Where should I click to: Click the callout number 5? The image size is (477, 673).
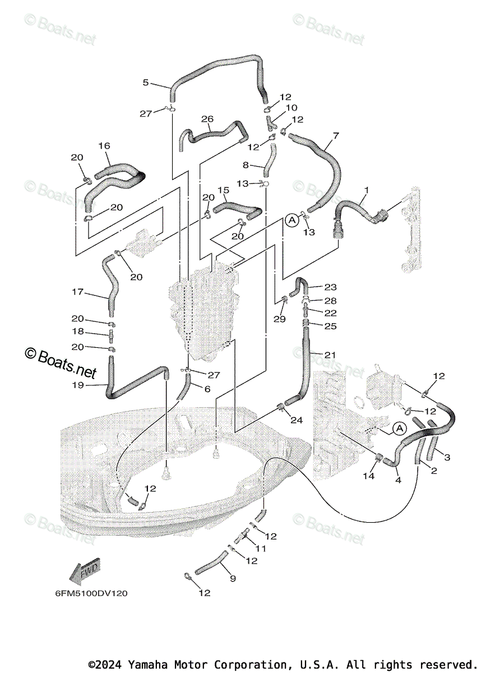coord(146,82)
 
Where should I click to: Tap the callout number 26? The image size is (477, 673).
coord(207,119)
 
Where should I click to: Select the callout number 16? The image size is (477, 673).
coord(104,146)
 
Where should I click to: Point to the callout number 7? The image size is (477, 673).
coord(336,136)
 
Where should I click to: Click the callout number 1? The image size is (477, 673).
coord(366,190)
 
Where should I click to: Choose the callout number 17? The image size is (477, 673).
coord(77,292)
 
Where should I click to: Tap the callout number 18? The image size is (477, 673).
coord(77,331)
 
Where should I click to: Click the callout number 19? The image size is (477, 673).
coord(77,385)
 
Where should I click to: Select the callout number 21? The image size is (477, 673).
coord(330,355)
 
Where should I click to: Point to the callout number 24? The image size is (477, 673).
coord(297,420)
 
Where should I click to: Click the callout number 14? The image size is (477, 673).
coord(369,476)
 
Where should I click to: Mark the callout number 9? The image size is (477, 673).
coord(233,578)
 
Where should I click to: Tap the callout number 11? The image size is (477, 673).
coord(260,548)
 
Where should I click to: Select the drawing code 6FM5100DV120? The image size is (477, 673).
coord(91,593)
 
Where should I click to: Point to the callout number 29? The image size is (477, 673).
coord(280,319)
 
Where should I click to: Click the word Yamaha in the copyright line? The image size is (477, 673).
coord(147,664)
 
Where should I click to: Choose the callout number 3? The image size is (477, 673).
coord(447,458)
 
